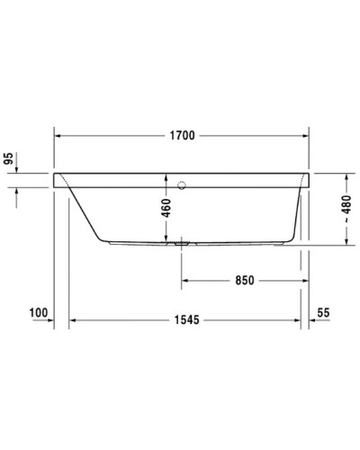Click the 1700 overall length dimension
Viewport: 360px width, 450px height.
click(181, 136)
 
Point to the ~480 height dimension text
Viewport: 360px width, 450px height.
click(347, 206)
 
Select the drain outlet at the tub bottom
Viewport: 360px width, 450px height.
click(182, 242)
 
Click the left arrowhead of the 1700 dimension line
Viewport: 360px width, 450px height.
click(59, 136)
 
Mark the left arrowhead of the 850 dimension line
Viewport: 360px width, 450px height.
click(185, 280)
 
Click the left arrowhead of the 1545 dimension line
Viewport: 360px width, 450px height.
click(75, 319)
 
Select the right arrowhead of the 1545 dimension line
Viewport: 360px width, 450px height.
click(301, 319)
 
